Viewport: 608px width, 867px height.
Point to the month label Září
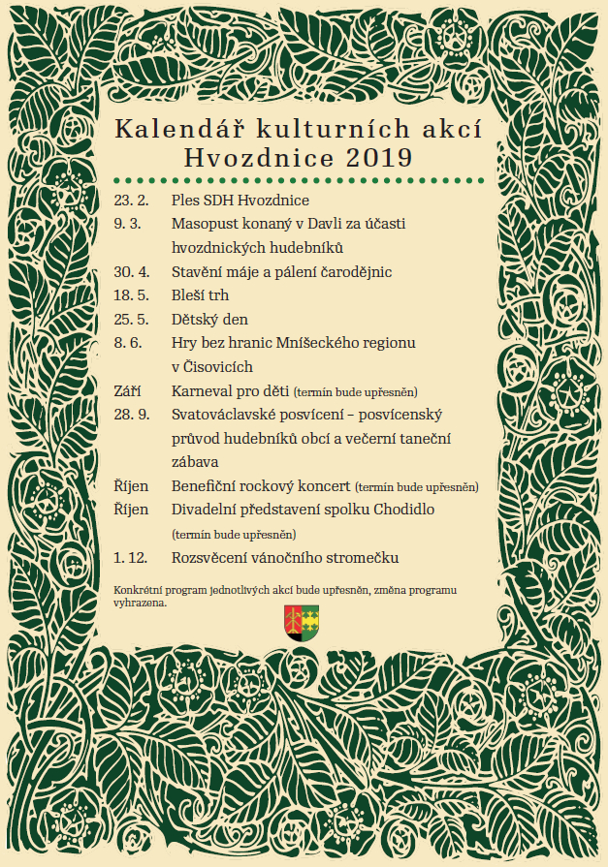tap(127, 390)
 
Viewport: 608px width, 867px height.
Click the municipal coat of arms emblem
tap(302, 620)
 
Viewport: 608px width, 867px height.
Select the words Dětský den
tap(209, 319)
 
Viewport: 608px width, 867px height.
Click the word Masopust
tap(207, 224)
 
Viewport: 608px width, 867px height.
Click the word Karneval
tap(204, 390)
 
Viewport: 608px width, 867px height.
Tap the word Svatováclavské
tap(231, 414)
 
